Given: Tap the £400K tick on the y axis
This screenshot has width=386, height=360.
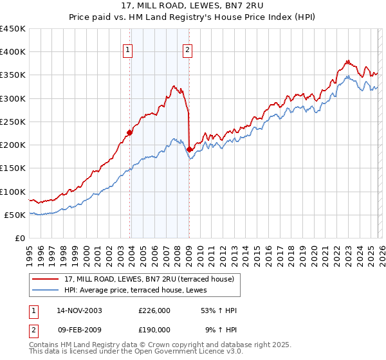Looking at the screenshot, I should (12, 52).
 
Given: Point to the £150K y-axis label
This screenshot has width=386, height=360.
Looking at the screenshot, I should (12, 168).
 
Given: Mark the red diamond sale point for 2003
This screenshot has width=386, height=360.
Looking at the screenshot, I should (130, 133).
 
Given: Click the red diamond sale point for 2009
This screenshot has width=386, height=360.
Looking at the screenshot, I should (189, 150).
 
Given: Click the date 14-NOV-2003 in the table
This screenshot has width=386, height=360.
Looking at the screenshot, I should (79, 310).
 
